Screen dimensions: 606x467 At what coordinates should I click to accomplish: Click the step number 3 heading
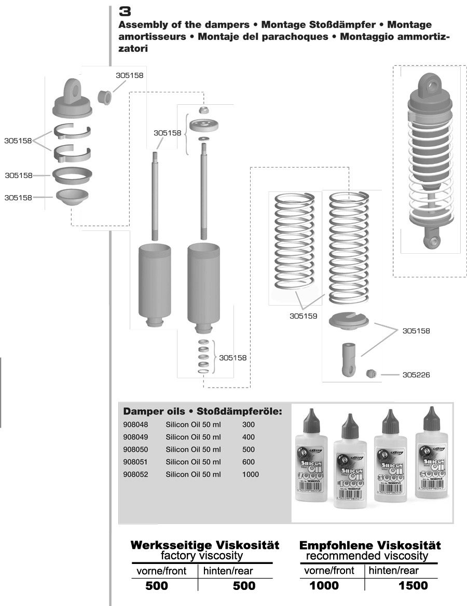point(125,11)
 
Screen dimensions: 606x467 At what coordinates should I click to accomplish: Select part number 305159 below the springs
point(303,315)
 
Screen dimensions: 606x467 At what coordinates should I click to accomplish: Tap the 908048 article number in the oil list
point(135,424)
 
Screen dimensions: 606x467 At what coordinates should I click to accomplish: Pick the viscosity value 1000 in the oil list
point(250,474)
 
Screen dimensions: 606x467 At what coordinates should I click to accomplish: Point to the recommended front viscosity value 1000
point(324,586)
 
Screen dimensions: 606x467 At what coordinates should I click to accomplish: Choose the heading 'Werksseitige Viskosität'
point(204,545)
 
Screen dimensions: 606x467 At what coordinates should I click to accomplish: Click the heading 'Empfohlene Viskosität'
point(370,545)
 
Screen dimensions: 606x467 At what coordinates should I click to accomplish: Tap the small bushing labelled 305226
point(370,374)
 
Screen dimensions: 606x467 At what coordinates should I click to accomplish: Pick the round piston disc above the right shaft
point(204,125)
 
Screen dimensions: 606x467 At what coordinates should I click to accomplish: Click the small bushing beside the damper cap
point(105,96)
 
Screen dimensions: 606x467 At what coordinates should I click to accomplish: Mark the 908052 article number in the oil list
point(135,474)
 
